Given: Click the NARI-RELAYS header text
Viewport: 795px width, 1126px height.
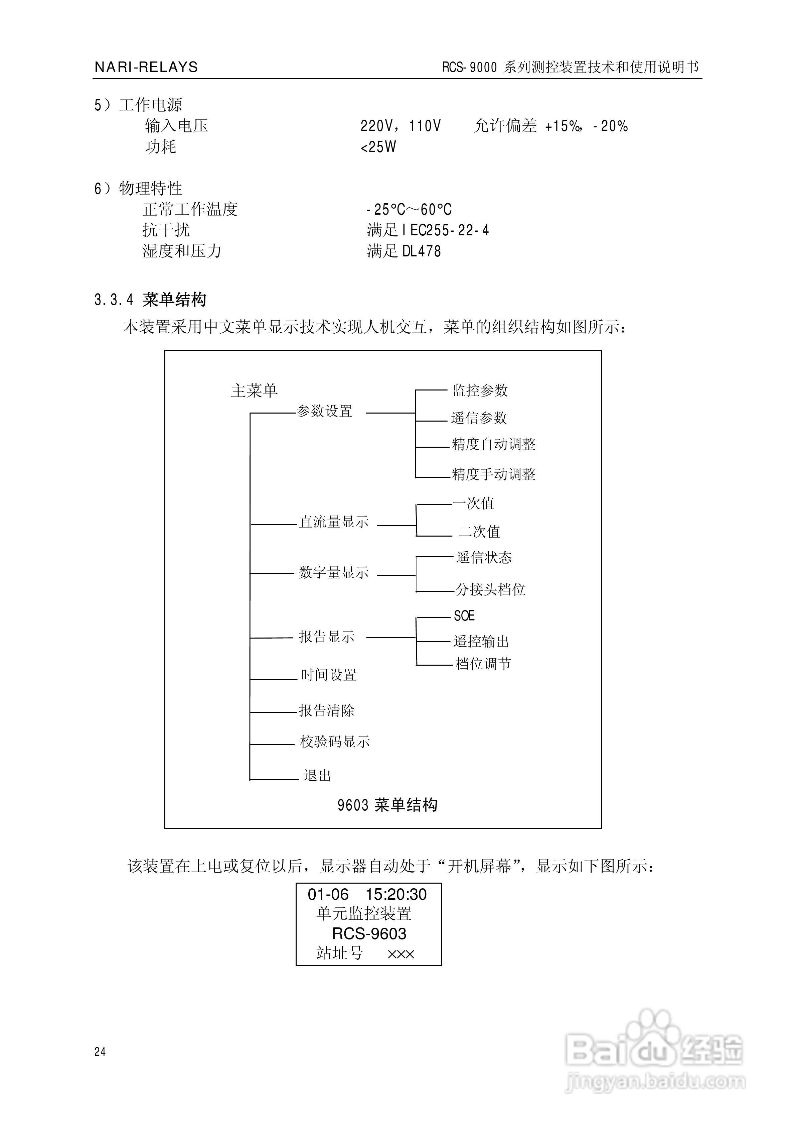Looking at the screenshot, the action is (146, 67).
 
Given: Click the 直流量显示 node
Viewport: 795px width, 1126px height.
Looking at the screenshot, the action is (334, 522).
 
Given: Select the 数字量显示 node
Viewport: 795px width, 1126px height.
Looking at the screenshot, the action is (334, 572).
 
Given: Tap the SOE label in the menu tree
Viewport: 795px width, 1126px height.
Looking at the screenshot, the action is (464, 615).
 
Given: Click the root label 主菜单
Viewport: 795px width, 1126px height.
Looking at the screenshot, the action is (254, 391).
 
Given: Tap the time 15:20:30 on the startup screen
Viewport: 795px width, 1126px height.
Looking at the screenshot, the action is (396, 895).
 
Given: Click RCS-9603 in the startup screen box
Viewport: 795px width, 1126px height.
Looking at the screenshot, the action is (369, 933).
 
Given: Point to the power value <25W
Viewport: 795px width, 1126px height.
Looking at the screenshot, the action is (378, 147).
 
